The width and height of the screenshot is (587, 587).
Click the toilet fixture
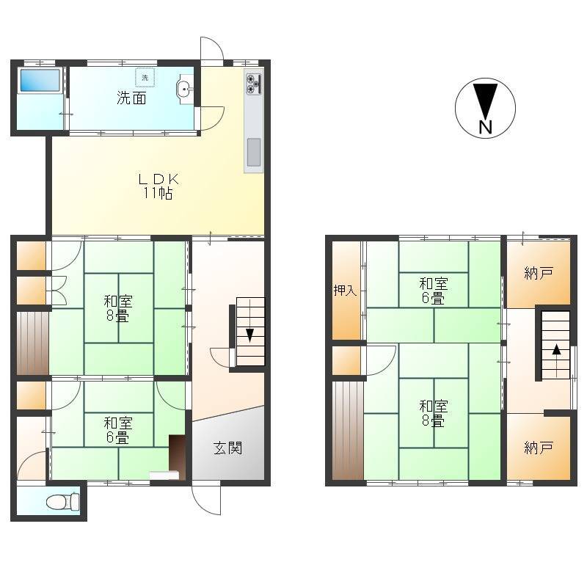pos(63,501)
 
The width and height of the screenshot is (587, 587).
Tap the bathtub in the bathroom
pos(40,80)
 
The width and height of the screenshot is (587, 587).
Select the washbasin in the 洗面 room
pos(185,89)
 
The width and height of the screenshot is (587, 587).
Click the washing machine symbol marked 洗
pos(145,78)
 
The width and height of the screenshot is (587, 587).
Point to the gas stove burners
pos(253,84)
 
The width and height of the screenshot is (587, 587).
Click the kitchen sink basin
pos(254,152)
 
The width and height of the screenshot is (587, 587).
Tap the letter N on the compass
pos(485,127)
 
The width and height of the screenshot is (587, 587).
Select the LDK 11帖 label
pos(158,186)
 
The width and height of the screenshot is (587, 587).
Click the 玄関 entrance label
pos(228,448)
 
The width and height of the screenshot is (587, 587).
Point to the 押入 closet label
pos(345,290)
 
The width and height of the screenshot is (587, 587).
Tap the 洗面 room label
pos(131,98)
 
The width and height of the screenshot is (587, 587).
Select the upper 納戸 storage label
pos(539,273)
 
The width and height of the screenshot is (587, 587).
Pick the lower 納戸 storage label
pos(539,448)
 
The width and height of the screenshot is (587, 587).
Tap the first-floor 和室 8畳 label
pos(118,308)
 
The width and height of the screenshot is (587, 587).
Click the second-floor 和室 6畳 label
pos(434,291)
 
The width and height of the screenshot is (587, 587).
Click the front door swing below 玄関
pos(206,500)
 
